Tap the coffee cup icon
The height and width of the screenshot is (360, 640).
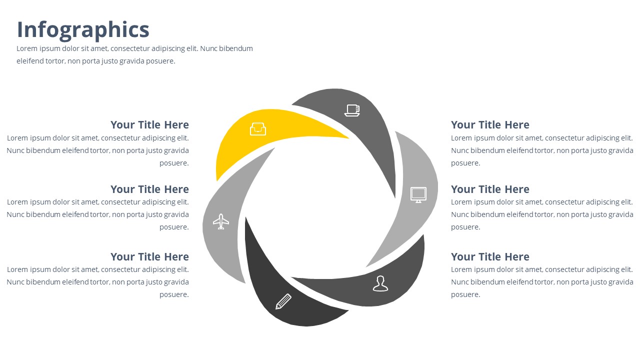352,110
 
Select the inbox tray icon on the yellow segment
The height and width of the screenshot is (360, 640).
258,129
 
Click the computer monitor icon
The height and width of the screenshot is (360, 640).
418,195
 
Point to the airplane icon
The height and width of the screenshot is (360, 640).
221,221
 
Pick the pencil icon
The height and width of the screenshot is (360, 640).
283,301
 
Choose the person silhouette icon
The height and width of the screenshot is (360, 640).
380,283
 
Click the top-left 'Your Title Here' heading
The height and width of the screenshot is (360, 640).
149,125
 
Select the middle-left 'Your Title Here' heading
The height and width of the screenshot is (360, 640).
149,189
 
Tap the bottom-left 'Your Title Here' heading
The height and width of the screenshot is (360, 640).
149,257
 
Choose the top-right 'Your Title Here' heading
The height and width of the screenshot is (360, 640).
490,125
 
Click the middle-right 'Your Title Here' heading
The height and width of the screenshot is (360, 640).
490,189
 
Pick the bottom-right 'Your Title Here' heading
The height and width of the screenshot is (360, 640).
490,257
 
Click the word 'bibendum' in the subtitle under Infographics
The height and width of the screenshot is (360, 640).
236,48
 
